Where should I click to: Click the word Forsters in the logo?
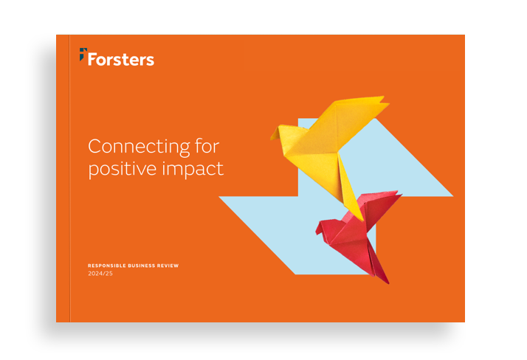121,59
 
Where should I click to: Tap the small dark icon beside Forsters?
83,54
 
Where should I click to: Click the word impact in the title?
193,169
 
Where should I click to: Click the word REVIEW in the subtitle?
168,266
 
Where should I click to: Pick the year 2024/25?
100,274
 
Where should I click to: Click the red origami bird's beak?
317,230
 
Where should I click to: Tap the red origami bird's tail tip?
385,281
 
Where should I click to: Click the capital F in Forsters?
93,59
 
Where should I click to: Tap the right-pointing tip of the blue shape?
452,195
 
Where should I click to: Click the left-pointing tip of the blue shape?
221,198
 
